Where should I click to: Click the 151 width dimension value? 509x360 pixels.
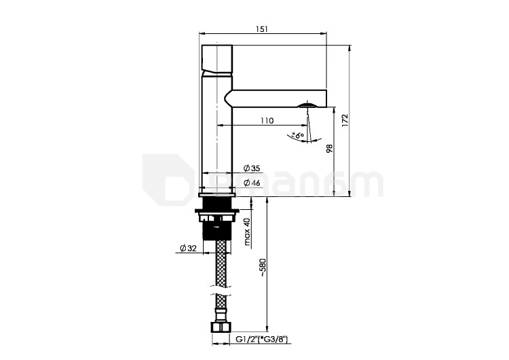pos(262,29)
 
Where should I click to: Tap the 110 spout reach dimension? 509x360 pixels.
pos(267,120)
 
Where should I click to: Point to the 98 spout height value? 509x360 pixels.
pos(330,149)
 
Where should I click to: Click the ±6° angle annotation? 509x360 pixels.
pos(298,135)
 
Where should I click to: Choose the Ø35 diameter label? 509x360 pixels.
pos(252,168)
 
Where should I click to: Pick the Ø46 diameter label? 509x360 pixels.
pos(252,183)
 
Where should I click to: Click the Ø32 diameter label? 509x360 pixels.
pos(188,248)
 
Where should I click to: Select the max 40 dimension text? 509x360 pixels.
pos(247,232)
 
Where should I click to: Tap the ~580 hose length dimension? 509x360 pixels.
pos(262,268)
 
